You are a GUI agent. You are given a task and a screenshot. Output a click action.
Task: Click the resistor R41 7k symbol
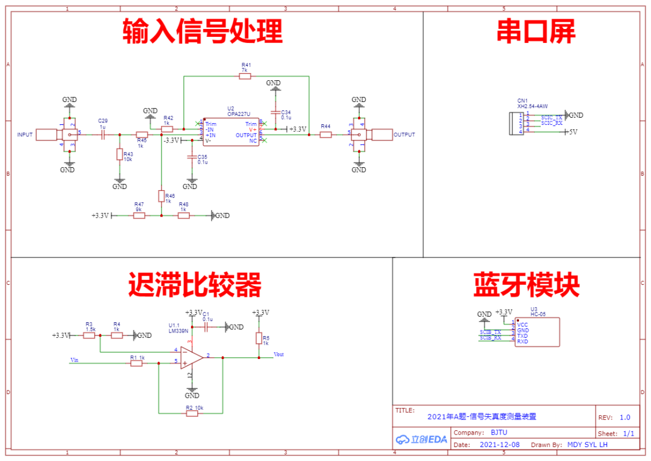tap(245, 77)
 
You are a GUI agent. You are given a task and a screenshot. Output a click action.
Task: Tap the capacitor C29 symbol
tap(102, 135)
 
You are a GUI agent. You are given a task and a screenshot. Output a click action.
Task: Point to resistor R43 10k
tap(120, 154)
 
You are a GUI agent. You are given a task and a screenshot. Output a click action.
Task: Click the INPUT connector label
tap(25, 135)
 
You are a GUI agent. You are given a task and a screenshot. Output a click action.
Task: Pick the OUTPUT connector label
tap(404, 135)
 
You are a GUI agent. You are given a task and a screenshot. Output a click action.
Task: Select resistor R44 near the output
tap(325, 135)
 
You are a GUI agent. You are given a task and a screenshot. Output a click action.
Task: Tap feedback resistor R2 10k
tap(192, 414)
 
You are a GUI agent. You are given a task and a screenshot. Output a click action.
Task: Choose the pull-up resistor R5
tap(259, 339)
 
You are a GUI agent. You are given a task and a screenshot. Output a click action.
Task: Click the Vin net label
tap(74, 360)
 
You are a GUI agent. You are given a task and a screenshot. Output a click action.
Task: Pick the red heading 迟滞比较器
tap(195, 285)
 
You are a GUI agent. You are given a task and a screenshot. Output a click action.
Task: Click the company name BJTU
tap(498, 433)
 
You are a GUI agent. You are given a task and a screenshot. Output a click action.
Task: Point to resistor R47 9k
tap(139, 215)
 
